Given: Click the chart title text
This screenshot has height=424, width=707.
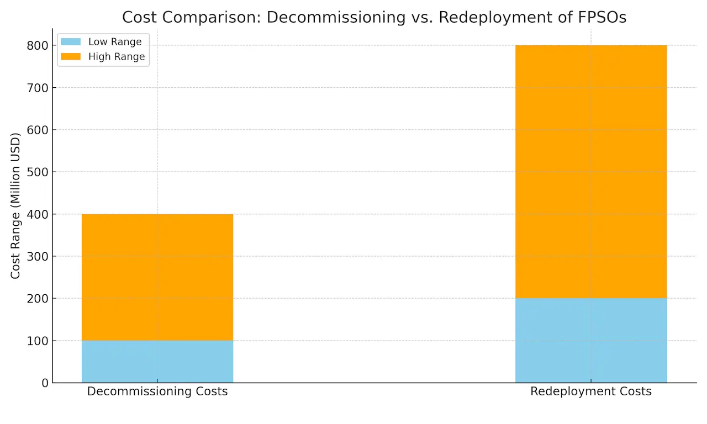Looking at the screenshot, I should click(x=374, y=17).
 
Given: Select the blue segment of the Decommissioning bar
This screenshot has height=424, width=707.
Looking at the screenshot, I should click(x=157, y=361).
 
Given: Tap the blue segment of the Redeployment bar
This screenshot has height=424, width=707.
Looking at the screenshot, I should click(x=590, y=340).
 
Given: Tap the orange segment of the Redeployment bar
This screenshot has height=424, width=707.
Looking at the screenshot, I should click(x=590, y=172).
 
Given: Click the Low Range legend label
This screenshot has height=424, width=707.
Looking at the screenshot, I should click(x=115, y=42).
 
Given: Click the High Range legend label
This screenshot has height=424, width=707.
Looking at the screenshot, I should click(x=117, y=57).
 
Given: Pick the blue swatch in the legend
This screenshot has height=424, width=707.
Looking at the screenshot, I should click(x=71, y=42).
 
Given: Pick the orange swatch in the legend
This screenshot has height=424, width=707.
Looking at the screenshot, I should click(x=71, y=57).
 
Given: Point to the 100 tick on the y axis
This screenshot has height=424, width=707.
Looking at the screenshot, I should click(x=38, y=341).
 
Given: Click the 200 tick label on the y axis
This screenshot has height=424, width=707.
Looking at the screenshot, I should click(x=38, y=298).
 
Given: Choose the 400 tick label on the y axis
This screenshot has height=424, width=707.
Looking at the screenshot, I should click(x=38, y=214).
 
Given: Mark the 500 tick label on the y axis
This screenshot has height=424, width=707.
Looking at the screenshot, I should click(x=38, y=172).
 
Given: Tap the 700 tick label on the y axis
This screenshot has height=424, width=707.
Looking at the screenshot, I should click(x=38, y=88).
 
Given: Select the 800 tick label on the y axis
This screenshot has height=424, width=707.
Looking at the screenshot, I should click(x=38, y=46).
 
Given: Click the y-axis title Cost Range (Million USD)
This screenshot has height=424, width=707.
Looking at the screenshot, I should click(x=15, y=205).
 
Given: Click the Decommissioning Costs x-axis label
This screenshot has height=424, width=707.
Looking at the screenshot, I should click(x=157, y=392).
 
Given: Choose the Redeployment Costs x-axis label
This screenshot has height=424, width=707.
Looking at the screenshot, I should click(x=590, y=392).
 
